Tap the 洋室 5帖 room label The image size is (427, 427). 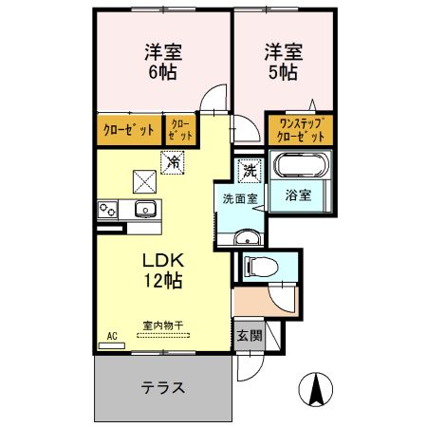[x=283, y=60]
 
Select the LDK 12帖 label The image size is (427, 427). [x=162, y=270]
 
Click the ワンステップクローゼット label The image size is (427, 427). [x=300, y=128]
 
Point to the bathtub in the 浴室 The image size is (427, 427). [x=300, y=167]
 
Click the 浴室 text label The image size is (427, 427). [x=300, y=195]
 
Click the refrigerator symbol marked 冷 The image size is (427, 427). [x=174, y=163]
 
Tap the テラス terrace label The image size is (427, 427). [x=162, y=388]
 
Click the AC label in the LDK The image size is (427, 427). [x=111, y=336]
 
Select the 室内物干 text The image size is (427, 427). [x=163, y=325]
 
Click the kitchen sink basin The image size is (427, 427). [x=145, y=210]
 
